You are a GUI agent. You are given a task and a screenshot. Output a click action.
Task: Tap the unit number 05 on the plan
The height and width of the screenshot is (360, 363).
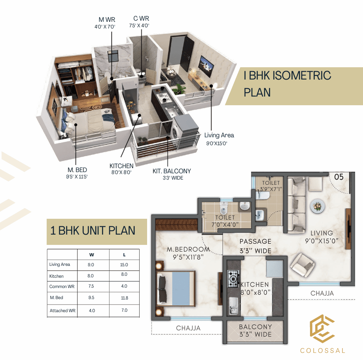tap(339, 177)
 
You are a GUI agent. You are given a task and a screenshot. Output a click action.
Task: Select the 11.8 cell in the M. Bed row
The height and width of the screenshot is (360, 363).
tap(124, 298)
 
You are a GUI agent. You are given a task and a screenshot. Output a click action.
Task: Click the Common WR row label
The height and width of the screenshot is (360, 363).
tap(62, 286)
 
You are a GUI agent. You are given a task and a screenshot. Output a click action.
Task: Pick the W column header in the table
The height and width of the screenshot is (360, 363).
tap(92, 255)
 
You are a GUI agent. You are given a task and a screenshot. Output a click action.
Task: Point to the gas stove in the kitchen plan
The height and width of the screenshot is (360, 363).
tap(233, 279)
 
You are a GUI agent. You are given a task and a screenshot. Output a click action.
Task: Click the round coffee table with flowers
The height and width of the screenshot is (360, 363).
tap(316, 206)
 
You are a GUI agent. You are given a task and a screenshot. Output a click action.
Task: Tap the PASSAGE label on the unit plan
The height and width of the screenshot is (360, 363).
tap(255, 241)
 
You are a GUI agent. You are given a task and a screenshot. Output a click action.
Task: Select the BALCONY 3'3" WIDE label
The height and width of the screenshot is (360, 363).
tap(255, 331)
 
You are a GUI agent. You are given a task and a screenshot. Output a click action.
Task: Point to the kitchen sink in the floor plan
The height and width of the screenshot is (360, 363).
tap(233, 306)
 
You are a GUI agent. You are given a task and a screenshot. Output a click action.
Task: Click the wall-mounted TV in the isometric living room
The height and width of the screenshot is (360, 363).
tap(206, 66)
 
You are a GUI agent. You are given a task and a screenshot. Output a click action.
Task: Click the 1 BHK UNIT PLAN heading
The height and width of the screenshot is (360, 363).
tap(93, 231)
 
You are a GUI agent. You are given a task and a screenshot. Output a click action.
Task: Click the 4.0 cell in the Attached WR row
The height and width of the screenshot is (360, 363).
tap(92, 311)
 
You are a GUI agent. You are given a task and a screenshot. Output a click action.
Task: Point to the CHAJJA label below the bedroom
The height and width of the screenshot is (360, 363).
tap(188, 328)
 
